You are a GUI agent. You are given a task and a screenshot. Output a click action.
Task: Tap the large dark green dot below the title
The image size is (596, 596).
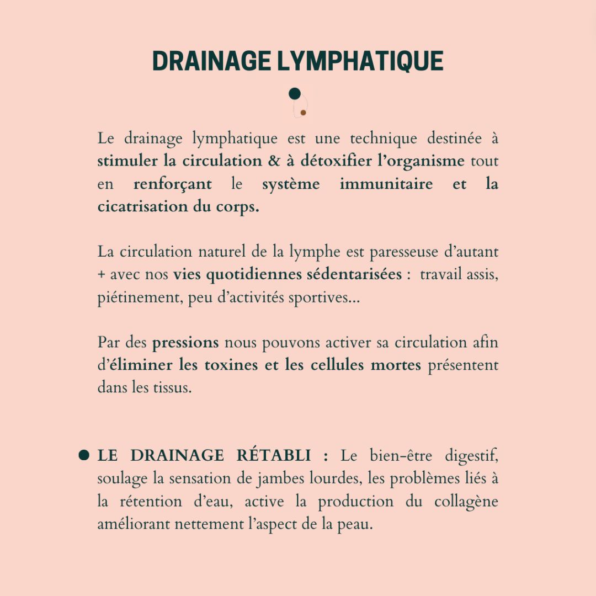click(295, 94)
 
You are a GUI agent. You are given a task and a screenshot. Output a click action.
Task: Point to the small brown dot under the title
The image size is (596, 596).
click(303, 113)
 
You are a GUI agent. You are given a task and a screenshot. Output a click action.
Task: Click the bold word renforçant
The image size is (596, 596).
click(172, 184)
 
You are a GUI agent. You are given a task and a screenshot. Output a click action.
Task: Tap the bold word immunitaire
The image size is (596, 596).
click(386, 184)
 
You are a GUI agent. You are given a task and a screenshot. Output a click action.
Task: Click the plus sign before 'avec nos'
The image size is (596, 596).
click(102, 275)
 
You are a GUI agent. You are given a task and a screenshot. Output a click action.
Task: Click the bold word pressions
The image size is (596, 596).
click(185, 343)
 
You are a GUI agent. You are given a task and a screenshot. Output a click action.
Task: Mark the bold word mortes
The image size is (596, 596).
click(396, 365)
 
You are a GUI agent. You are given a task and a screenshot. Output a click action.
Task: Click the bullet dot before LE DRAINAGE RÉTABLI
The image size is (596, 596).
click(84, 455)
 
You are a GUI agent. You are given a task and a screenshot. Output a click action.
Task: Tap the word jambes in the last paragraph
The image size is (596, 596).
click(276, 479)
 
